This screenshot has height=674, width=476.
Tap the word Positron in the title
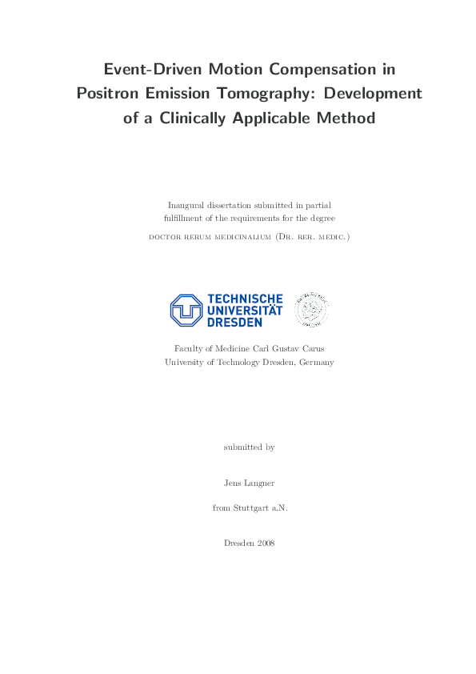tap(110, 94)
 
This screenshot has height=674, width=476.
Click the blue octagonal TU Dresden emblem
tap(186, 310)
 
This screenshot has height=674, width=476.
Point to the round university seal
tap(312, 309)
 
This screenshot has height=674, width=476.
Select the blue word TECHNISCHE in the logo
tap(245, 299)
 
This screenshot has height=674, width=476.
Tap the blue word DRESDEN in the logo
tap(235, 321)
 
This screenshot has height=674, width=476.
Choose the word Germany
tap(316, 362)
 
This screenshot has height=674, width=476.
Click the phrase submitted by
tap(249, 447)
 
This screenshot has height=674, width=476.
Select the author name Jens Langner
tap(249, 483)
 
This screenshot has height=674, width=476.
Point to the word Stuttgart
tap(250, 508)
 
